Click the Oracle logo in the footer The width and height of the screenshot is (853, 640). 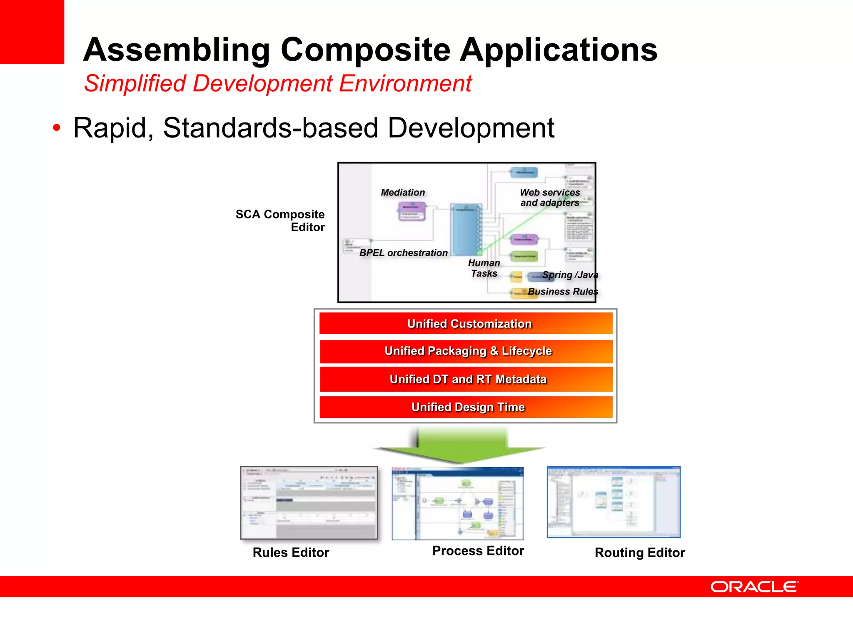pos(754,587)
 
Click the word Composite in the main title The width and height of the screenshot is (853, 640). pos(366,50)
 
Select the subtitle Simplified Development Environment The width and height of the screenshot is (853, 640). pos(278,83)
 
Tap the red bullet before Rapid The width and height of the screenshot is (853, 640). pos(57,128)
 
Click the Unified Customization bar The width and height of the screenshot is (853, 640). pos(466,324)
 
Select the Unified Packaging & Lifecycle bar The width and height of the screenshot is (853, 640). pos(466,351)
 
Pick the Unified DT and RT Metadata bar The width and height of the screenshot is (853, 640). pos(466,379)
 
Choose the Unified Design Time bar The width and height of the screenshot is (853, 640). pos(466,407)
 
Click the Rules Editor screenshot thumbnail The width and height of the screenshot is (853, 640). pos(309,503)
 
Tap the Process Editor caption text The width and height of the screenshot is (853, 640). pos(478,551)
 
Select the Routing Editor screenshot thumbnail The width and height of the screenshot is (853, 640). pos(614,502)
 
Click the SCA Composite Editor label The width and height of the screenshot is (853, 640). pos(280,220)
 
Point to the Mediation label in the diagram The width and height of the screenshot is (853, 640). pos(403,192)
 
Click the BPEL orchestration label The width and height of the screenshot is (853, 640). pos(403,253)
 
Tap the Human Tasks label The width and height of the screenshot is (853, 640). pos(484,268)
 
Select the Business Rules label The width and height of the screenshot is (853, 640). pos(562,292)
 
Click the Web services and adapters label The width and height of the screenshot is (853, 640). pos(550,197)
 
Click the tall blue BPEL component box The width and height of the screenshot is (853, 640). pos(466,230)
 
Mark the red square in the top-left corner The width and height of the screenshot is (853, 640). pos(32,32)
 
